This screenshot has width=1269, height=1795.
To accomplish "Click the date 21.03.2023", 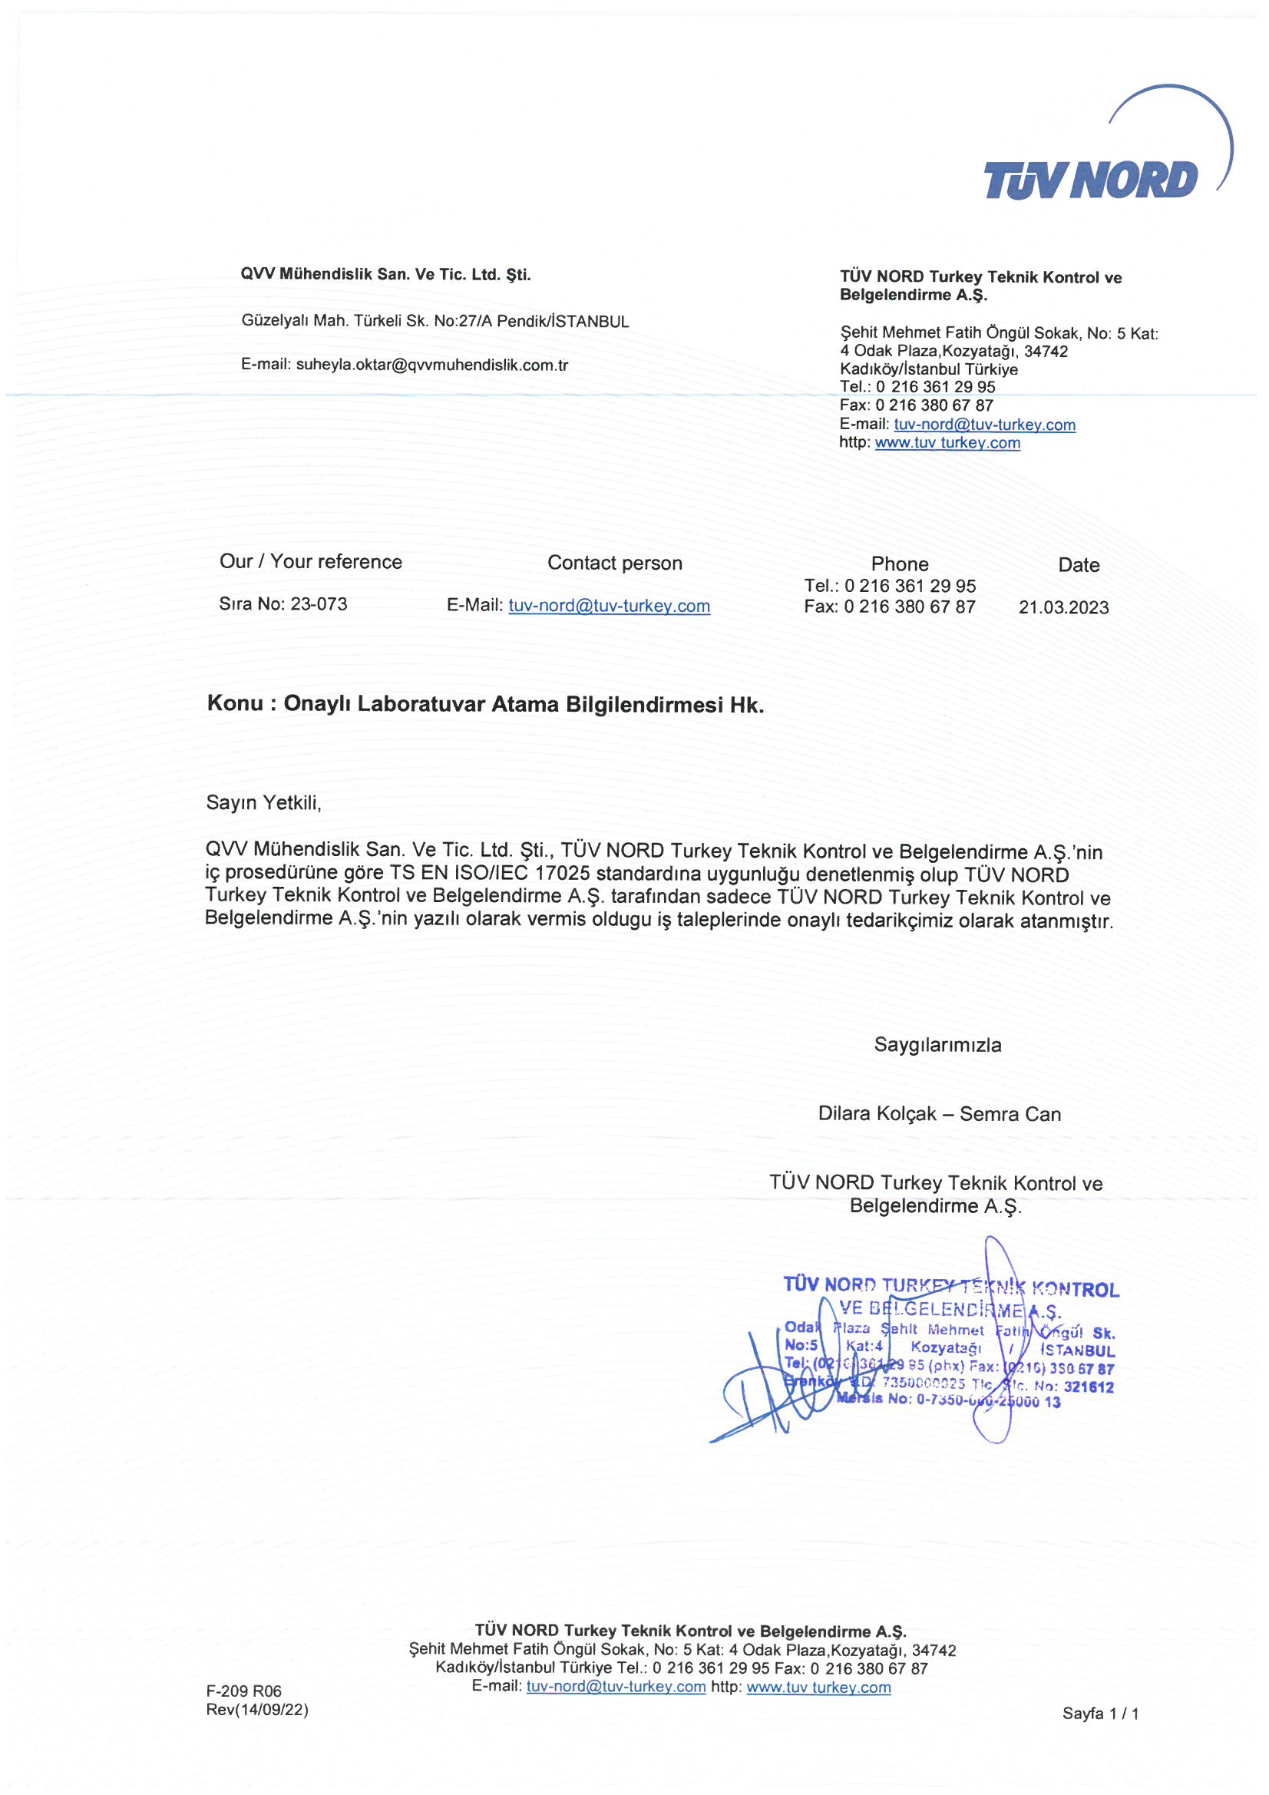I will [1063, 607].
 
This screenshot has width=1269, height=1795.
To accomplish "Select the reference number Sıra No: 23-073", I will [283, 603].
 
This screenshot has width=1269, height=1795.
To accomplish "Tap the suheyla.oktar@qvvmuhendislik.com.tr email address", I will [431, 365].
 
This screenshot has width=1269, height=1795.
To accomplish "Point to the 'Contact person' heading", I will [615, 563].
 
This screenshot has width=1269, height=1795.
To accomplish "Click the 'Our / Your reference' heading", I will [310, 561].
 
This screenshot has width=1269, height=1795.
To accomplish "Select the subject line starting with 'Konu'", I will [484, 703].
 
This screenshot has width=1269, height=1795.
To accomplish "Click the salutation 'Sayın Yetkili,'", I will [263, 803].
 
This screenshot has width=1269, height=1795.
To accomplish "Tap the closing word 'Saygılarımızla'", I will [937, 1044].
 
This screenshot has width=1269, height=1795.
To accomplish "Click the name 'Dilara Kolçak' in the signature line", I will [877, 1113].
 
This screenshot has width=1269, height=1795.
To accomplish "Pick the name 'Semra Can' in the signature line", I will [1010, 1113].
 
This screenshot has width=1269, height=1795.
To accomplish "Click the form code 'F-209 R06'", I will [243, 1691].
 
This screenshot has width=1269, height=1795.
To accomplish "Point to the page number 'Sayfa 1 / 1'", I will [1100, 1714].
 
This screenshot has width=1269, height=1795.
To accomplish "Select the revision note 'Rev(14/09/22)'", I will [257, 1710].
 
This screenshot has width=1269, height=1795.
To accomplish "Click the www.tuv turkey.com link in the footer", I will [818, 1687].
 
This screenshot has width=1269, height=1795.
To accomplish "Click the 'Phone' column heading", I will [900, 564].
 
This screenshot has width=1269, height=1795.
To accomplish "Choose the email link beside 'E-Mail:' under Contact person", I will [609, 606].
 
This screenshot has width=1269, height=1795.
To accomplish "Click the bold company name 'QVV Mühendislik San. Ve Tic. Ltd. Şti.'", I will [385, 274].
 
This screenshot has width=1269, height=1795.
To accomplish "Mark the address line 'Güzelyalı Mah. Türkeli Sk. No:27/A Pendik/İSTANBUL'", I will [435, 322].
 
